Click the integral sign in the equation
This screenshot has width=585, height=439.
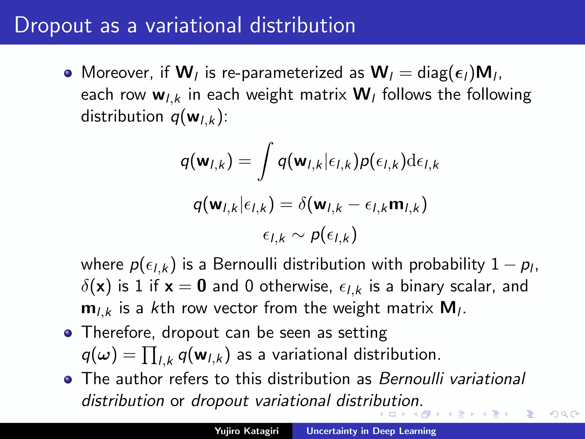tap(265, 162)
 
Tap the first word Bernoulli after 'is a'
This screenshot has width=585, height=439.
tap(245, 264)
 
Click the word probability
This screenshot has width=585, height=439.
tap(447, 265)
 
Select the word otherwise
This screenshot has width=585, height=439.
tap(296, 286)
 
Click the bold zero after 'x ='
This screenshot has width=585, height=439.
tap(201, 286)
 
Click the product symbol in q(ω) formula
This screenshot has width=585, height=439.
tap(149, 355)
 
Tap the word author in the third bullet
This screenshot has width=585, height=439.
tap(139, 379)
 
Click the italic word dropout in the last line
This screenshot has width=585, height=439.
tap(220, 401)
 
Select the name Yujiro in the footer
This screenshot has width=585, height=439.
tap(227, 431)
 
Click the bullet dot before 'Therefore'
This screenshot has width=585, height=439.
tap(68, 333)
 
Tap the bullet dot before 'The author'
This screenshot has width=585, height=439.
tap(68, 380)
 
